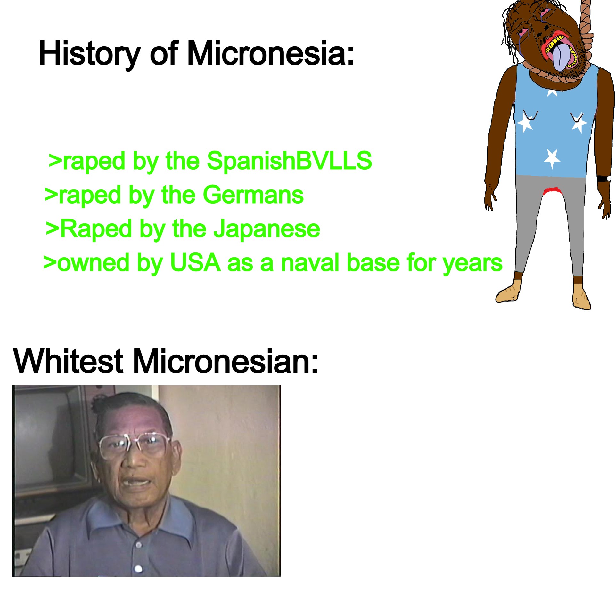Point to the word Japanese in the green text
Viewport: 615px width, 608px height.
[x=266, y=229]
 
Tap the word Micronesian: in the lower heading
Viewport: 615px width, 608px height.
[x=225, y=361]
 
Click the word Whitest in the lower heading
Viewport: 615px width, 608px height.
[x=68, y=361]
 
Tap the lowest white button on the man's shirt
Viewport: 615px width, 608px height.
[x=138, y=569]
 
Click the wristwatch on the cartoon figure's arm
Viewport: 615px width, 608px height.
[x=604, y=179]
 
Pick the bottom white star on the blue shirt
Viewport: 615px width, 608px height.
[x=552, y=158]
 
